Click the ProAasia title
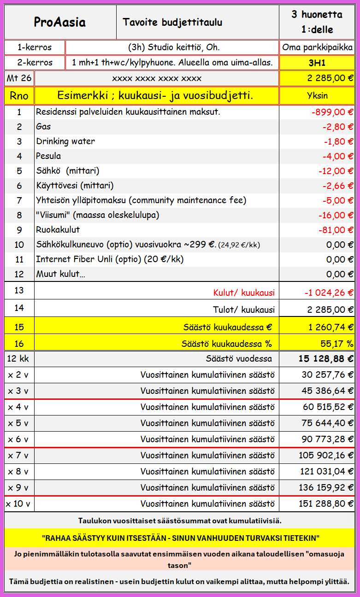click(60, 22)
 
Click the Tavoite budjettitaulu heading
click(173, 22)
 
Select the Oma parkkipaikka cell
click(317, 47)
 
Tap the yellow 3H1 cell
click(317, 63)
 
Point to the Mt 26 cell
click(19, 78)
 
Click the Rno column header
click(19, 96)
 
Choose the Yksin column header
click(317, 96)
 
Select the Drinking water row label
click(65, 141)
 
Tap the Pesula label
click(48, 156)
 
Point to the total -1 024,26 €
click(329, 293)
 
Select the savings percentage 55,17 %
click(336, 343)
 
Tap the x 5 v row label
click(18, 423)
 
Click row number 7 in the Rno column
click(19, 200)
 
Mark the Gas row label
click(43, 127)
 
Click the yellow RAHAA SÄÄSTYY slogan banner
click(180, 538)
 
